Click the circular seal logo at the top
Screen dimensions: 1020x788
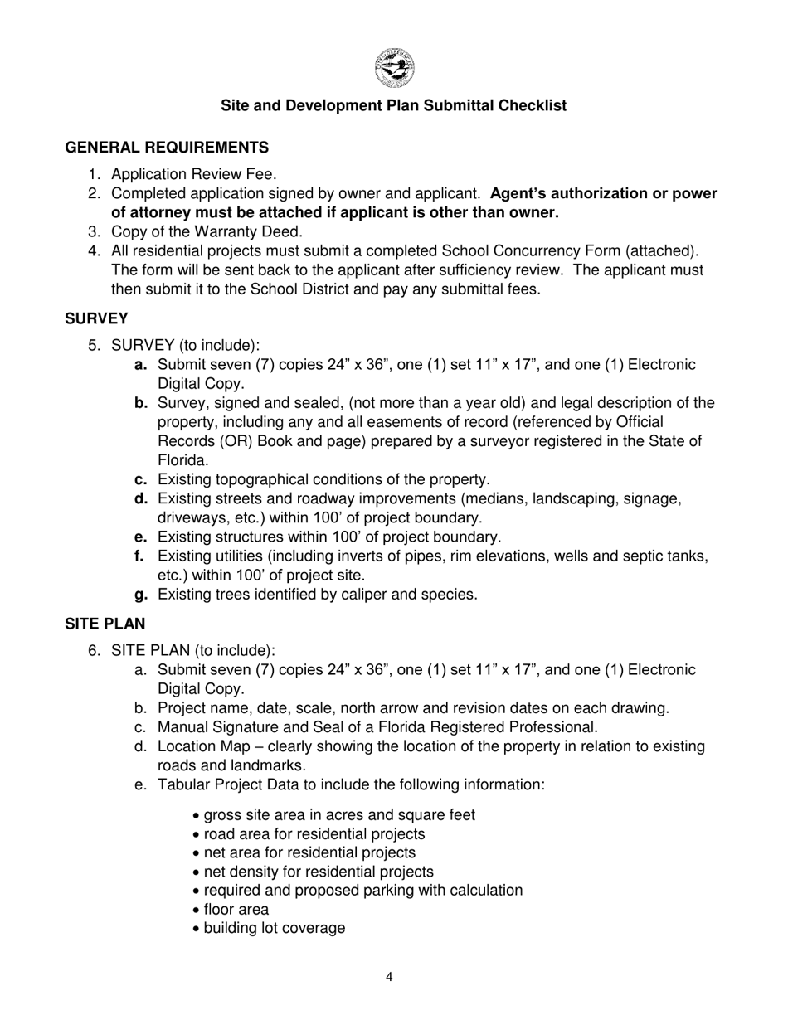tap(394, 68)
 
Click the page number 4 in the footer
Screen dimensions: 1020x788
tap(389, 977)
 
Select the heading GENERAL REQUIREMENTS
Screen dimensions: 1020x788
tap(167, 148)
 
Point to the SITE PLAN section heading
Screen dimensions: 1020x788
tap(105, 624)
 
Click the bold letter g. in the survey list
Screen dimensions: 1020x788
tap(141, 595)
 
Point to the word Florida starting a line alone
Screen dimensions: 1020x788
tap(182, 460)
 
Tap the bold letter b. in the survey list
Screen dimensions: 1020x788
tap(141, 403)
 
